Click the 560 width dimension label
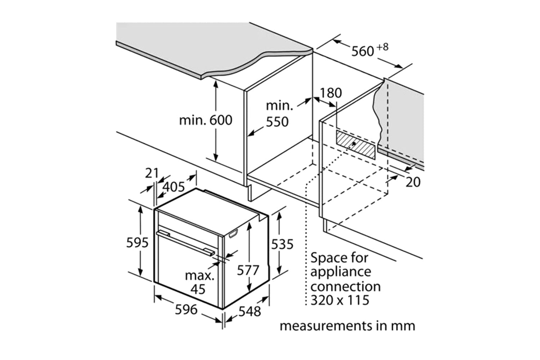point(363,51)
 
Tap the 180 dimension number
point(331,93)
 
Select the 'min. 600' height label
point(206,120)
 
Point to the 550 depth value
point(277,122)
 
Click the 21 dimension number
point(152,173)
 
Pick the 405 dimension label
point(174,187)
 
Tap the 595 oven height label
point(137,243)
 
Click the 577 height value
point(248,270)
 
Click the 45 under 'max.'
point(198,289)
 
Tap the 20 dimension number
point(413,182)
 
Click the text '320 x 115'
point(340,300)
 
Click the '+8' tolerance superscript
point(383,47)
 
